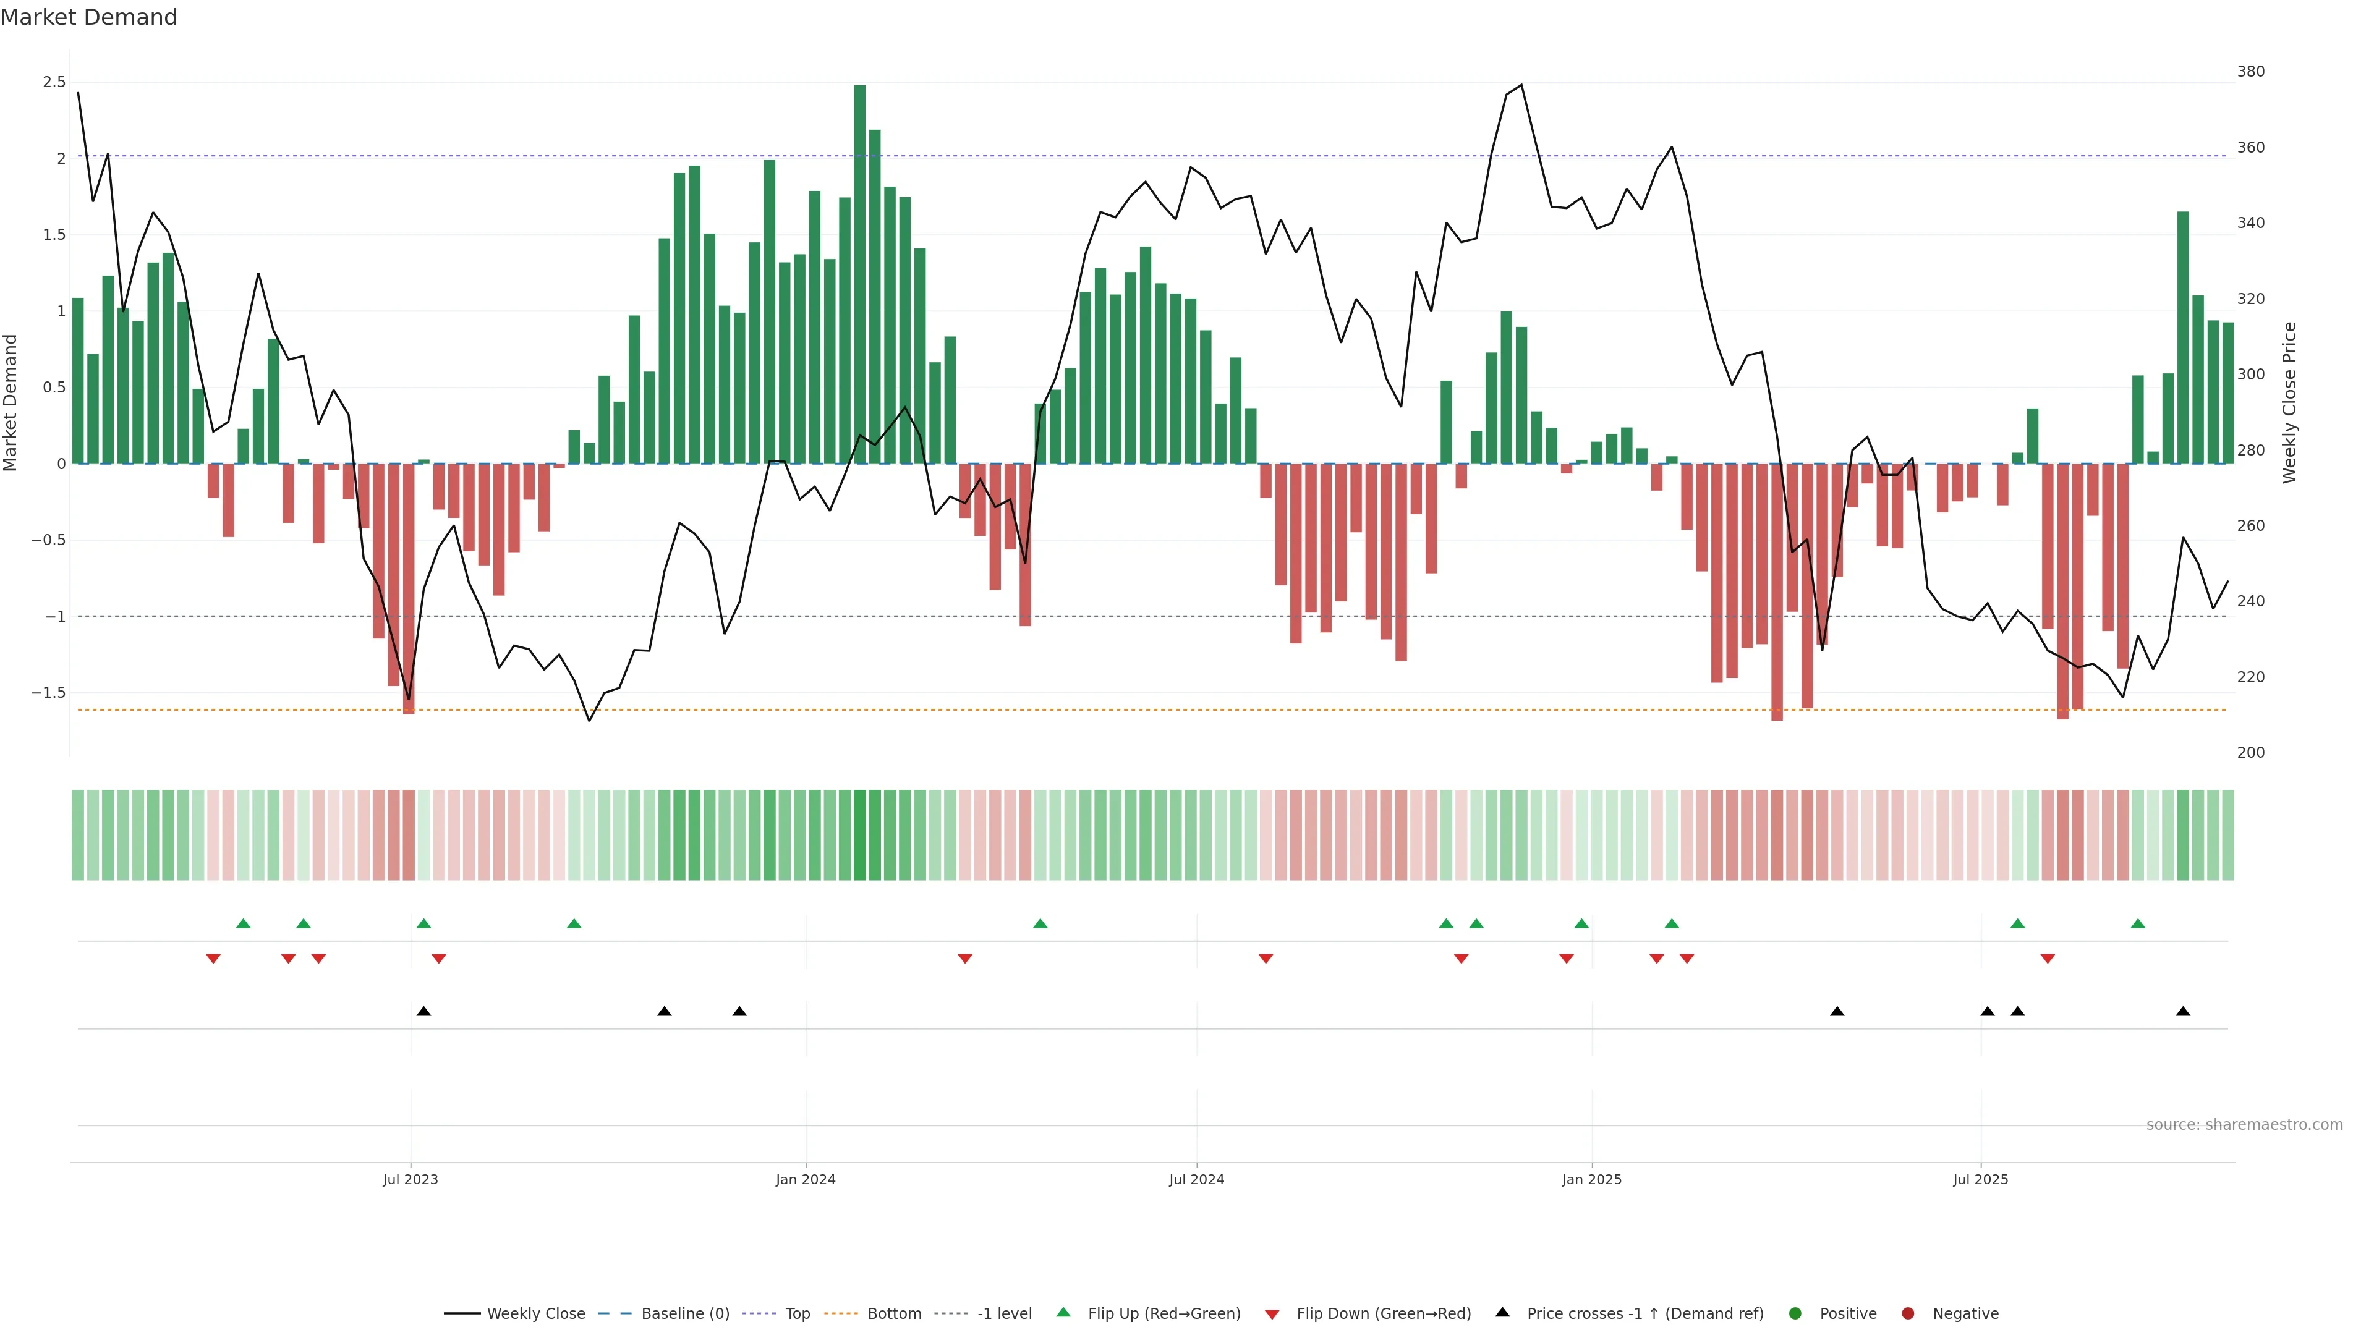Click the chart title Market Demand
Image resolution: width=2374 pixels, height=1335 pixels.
coord(88,17)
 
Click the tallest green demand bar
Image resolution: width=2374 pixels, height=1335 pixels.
coord(860,274)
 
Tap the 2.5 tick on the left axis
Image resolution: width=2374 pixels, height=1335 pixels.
coord(54,82)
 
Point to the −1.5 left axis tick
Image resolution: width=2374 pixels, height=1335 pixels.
coord(48,693)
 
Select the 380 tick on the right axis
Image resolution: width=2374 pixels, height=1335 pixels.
coord(2250,72)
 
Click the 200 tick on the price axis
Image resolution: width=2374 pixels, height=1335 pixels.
coord(2250,753)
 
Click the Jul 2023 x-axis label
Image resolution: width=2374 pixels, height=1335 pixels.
coord(410,1179)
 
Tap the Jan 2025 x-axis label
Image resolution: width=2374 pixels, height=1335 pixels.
coord(1591,1179)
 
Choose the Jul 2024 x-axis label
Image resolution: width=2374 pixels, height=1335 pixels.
coord(1196,1179)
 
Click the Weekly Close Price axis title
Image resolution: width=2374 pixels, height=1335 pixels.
coord(2289,402)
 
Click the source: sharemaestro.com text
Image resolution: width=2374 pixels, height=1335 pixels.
coord(2244,1125)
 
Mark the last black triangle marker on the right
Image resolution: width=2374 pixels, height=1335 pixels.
coord(2183,1012)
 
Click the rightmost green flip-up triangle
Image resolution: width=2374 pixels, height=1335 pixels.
coord(2138,924)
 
